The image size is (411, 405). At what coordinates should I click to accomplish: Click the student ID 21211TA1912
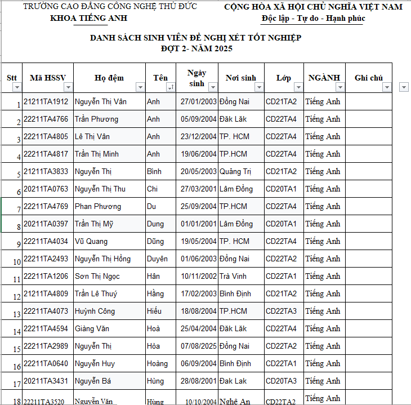tap(46, 102)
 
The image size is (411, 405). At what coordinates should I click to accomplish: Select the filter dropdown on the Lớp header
tap(298, 87)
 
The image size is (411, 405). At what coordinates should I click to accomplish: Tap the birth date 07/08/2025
tap(198, 346)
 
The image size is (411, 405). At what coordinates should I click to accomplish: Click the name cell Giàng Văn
tap(92, 329)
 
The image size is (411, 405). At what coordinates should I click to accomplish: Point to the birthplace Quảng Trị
tap(235, 172)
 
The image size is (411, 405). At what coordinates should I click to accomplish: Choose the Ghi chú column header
tap(368, 78)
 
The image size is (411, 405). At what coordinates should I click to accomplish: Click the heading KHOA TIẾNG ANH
tap(88, 18)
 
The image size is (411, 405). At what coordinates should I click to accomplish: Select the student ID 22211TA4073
tap(46, 311)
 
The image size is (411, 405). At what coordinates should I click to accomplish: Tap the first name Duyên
tap(157, 259)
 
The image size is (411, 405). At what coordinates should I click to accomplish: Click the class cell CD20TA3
tap(281, 381)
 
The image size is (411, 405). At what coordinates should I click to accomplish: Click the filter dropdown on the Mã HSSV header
tap(68, 87)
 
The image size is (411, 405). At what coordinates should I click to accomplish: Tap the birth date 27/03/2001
tap(198, 189)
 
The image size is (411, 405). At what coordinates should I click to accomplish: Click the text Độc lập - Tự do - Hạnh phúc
tap(313, 19)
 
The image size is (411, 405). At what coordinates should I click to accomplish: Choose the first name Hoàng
tap(157, 364)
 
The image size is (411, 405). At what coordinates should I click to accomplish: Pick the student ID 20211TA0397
tap(46, 224)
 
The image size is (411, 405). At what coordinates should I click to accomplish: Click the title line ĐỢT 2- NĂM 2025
tap(196, 48)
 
